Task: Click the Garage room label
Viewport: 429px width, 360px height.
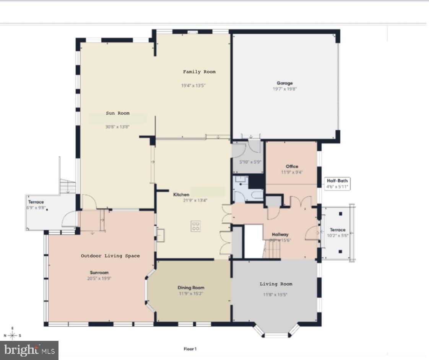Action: (284, 83)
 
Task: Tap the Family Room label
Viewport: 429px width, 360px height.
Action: (199, 72)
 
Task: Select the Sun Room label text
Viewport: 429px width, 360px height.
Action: (117, 113)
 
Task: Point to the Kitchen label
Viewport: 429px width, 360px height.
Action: (181, 195)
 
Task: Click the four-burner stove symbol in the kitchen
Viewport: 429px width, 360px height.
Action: (195, 226)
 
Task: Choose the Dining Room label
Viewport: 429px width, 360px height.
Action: (191, 288)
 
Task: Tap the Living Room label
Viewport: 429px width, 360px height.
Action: (276, 284)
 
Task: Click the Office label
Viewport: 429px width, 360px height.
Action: (292, 166)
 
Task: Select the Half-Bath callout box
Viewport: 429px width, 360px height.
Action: (337, 184)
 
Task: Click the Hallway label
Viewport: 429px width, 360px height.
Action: (280, 235)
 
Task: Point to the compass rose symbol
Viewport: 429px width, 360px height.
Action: (12, 335)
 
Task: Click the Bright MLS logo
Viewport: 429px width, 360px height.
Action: (29, 350)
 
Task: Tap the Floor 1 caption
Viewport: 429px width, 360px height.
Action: (190, 349)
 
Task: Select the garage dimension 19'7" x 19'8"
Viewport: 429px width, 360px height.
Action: (284, 89)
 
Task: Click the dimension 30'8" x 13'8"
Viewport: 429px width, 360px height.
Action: (117, 127)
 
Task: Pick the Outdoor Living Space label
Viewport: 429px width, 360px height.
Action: (110, 256)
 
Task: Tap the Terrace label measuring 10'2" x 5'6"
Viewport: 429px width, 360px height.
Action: (337, 230)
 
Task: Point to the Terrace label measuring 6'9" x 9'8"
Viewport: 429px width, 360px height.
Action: (36, 202)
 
